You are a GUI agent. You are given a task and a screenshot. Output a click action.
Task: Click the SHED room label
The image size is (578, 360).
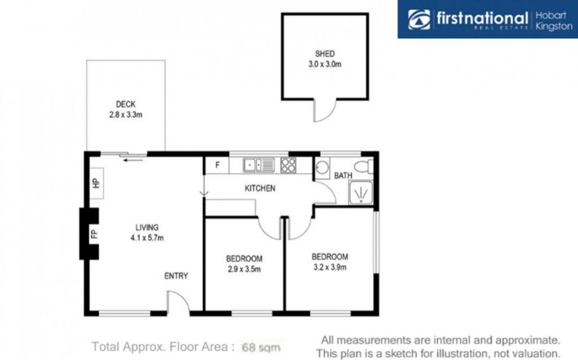pyautogui.click(x=325, y=54)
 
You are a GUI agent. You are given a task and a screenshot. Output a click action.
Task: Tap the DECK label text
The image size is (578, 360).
pyautogui.click(x=126, y=104)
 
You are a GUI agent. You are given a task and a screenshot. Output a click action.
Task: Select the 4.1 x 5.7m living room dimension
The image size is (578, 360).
pyautogui.click(x=147, y=238)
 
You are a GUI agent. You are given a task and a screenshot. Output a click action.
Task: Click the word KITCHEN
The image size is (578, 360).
pyautogui.click(x=260, y=188)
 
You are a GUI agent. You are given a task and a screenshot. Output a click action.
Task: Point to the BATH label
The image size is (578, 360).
pyautogui.click(x=343, y=175)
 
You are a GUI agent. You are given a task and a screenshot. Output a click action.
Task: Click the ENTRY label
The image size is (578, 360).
pyautogui.click(x=176, y=276)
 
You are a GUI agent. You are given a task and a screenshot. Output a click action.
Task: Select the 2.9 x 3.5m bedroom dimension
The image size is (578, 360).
pyautogui.click(x=244, y=269)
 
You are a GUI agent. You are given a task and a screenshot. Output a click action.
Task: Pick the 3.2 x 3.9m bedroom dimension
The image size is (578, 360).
pyautogui.click(x=330, y=267)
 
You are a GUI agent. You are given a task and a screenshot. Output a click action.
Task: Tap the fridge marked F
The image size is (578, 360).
pyautogui.click(x=217, y=165)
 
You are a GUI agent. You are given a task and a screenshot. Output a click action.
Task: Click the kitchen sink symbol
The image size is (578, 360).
pyautogui.click(x=259, y=165)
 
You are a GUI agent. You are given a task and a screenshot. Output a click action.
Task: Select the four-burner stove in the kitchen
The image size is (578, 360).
pyautogui.click(x=288, y=165)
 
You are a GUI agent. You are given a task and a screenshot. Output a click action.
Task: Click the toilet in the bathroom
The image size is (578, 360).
pyautogui.click(x=364, y=166)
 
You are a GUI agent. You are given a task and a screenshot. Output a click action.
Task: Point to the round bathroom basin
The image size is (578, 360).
pyautogui.click(x=322, y=168)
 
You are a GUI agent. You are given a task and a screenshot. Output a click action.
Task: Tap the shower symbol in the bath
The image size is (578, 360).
pyautogui.click(x=361, y=193)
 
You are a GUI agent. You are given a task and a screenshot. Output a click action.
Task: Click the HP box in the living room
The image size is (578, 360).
pyautogui.click(x=97, y=183)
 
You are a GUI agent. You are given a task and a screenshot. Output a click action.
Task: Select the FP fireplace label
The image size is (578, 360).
pyautogui.click(x=94, y=234)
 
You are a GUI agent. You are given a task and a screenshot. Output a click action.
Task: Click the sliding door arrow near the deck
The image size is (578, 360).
pyautogui.click(x=133, y=160)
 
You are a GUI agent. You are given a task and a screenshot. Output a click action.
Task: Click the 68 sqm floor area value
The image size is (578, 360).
pyautogui.click(x=261, y=347)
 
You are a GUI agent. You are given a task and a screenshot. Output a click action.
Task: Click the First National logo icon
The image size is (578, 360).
pyautogui.click(x=419, y=20)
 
